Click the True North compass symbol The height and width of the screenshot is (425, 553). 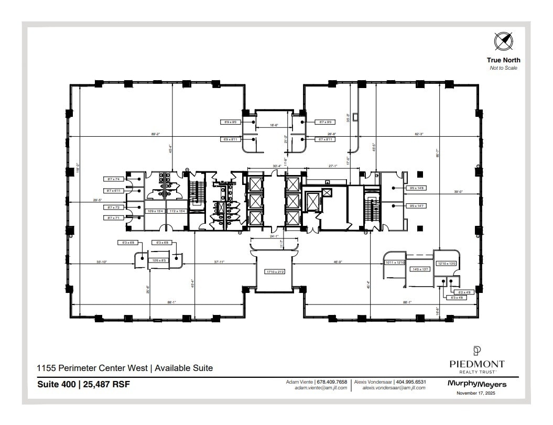503,41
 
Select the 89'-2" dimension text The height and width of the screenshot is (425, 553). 155,135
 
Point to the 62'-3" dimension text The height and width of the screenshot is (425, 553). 419,135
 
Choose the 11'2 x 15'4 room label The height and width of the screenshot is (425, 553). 176,211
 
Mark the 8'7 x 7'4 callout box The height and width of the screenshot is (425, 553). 114,179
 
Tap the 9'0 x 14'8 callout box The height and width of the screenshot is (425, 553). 416,188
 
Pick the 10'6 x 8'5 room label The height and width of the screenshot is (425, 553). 159,260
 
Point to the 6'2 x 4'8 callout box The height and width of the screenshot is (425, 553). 465,292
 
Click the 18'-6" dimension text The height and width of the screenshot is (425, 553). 273,126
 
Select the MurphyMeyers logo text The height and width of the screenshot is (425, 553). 476,384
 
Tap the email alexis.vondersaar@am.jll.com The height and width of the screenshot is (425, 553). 394,388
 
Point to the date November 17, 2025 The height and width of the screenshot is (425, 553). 476,393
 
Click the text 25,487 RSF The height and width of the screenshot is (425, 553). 108,384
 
